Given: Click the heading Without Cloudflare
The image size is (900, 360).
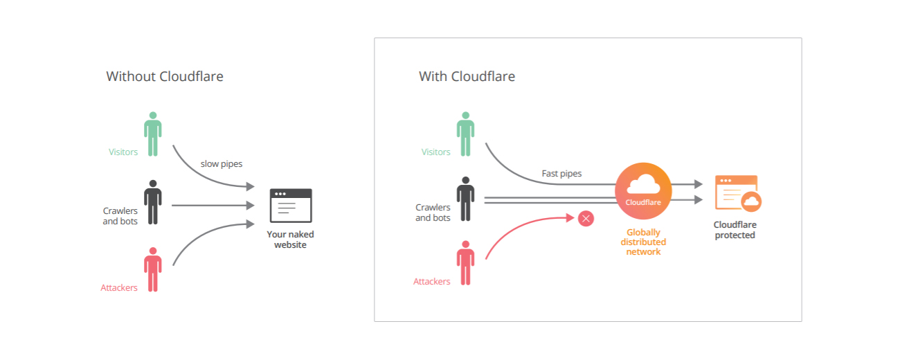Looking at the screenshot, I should tap(165, 76).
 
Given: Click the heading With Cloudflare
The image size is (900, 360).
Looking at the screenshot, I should tap(467, 76).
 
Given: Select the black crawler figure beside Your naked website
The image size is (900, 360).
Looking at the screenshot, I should tap(152, 201).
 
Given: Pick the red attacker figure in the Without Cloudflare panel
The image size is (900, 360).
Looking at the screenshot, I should tap(152, 269).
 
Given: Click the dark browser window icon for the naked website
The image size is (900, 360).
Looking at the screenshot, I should tap(290, 205).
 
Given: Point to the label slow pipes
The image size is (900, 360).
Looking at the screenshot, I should tap(222, 164).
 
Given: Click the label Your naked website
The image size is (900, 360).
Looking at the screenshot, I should tap(290, 240).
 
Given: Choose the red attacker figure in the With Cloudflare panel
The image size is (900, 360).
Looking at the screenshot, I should tap(465, 263).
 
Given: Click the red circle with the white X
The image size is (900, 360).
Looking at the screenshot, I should tap(586, 219).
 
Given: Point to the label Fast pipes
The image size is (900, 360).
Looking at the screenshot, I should tap(561, 173).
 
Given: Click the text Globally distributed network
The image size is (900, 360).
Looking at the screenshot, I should tap(643, 242).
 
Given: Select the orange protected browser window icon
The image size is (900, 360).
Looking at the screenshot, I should tap(737, 193).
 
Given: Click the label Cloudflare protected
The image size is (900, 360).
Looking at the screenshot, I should tap(735, 230).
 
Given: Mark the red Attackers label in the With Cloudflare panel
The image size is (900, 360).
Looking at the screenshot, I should tap(432, 282).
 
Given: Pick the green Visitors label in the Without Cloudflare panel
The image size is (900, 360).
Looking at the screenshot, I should tap(123, 152).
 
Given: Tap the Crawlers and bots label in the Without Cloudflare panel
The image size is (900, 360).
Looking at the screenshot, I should tap(120, 216).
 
